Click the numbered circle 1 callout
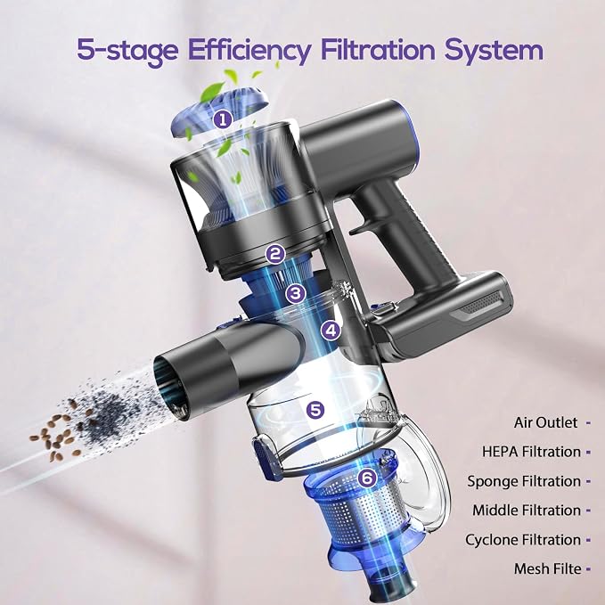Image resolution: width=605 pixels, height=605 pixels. [x=223, y=120]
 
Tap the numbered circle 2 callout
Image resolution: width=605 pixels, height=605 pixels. [x=275, y=254]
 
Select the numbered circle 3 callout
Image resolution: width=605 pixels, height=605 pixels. [x=296, y=293]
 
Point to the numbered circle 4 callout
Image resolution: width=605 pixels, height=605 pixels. [x=331, y=331]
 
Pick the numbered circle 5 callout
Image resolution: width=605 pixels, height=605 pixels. [x=315, y=410]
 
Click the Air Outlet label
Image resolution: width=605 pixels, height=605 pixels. [x=545, y=422]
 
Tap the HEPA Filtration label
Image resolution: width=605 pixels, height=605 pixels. [x=531, y=452]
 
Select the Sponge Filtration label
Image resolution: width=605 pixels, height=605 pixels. [x=524, y=481]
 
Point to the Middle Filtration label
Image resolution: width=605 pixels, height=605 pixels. [x=527, y=511]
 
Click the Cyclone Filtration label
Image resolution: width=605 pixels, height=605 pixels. [x=523, y=540]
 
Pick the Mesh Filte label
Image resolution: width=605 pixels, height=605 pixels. [x=547, y=568]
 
